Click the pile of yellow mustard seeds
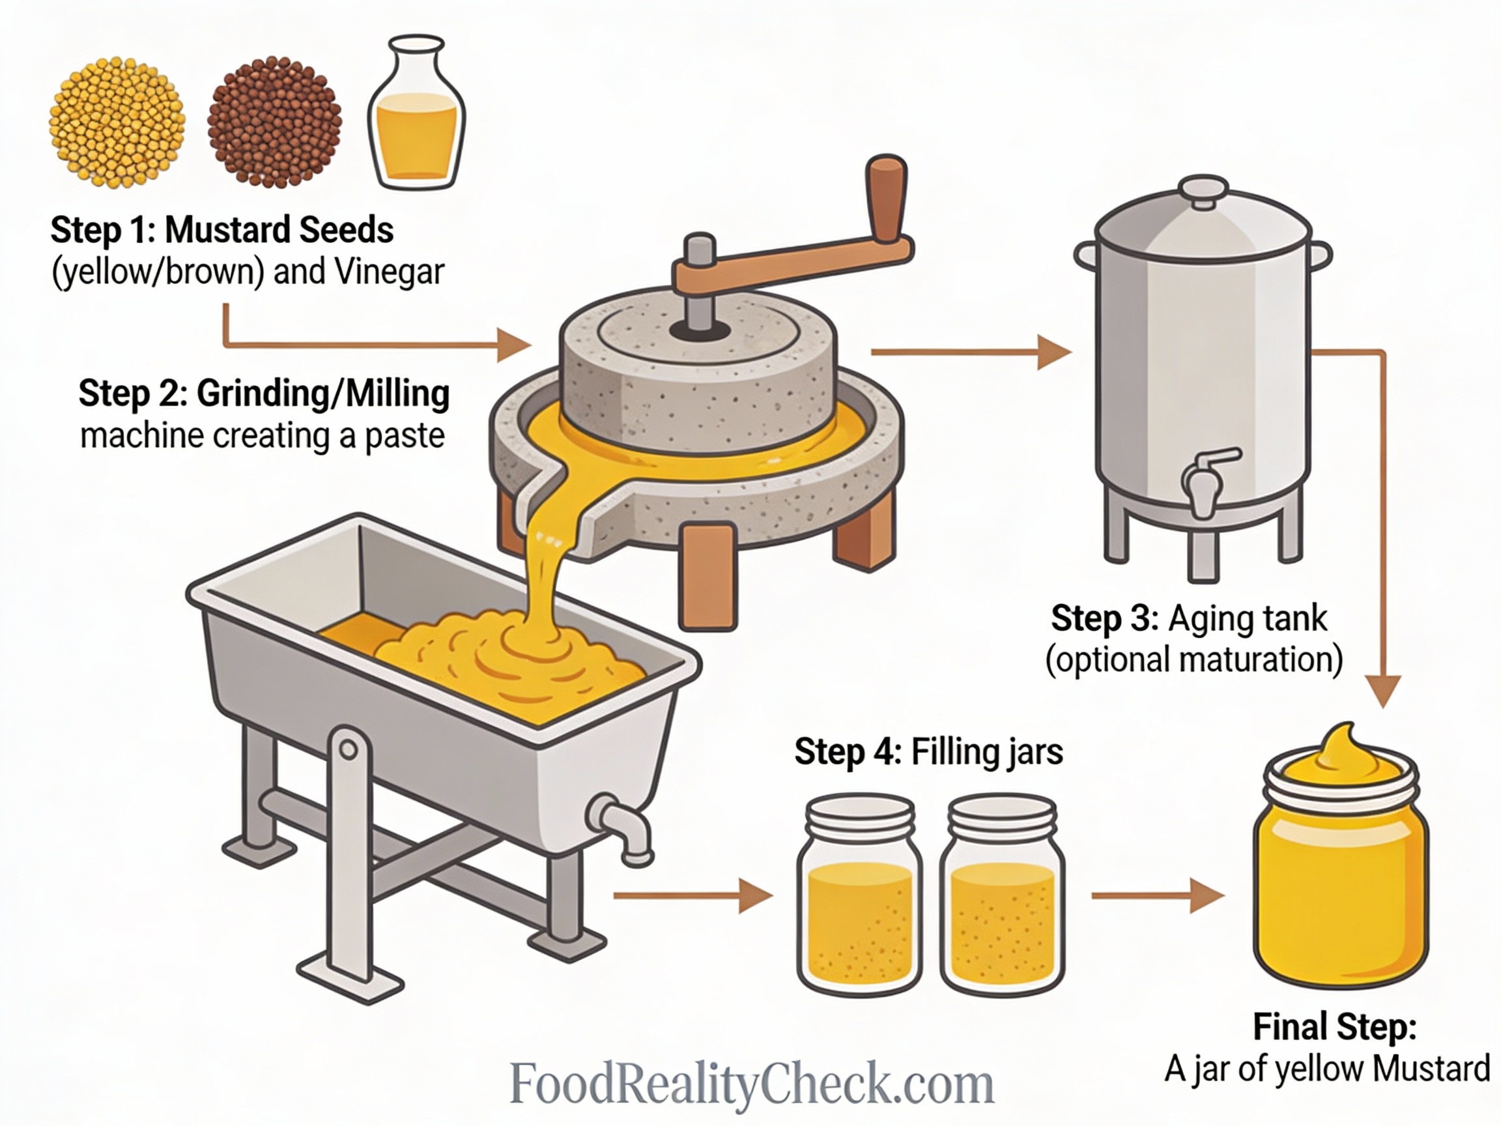pos(117,122)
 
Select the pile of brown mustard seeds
pos(274,122)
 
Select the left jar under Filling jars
pos(859,896)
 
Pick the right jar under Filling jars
pos(1001,896)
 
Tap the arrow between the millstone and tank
pos(970,353)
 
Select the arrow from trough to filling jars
pos(692,896)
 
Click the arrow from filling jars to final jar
pos(1158,896)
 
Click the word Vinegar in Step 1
pos(389,272)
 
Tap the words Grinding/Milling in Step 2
pos(323,394)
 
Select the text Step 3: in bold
pos(1105,619)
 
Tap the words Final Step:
pos(1335,1027)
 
